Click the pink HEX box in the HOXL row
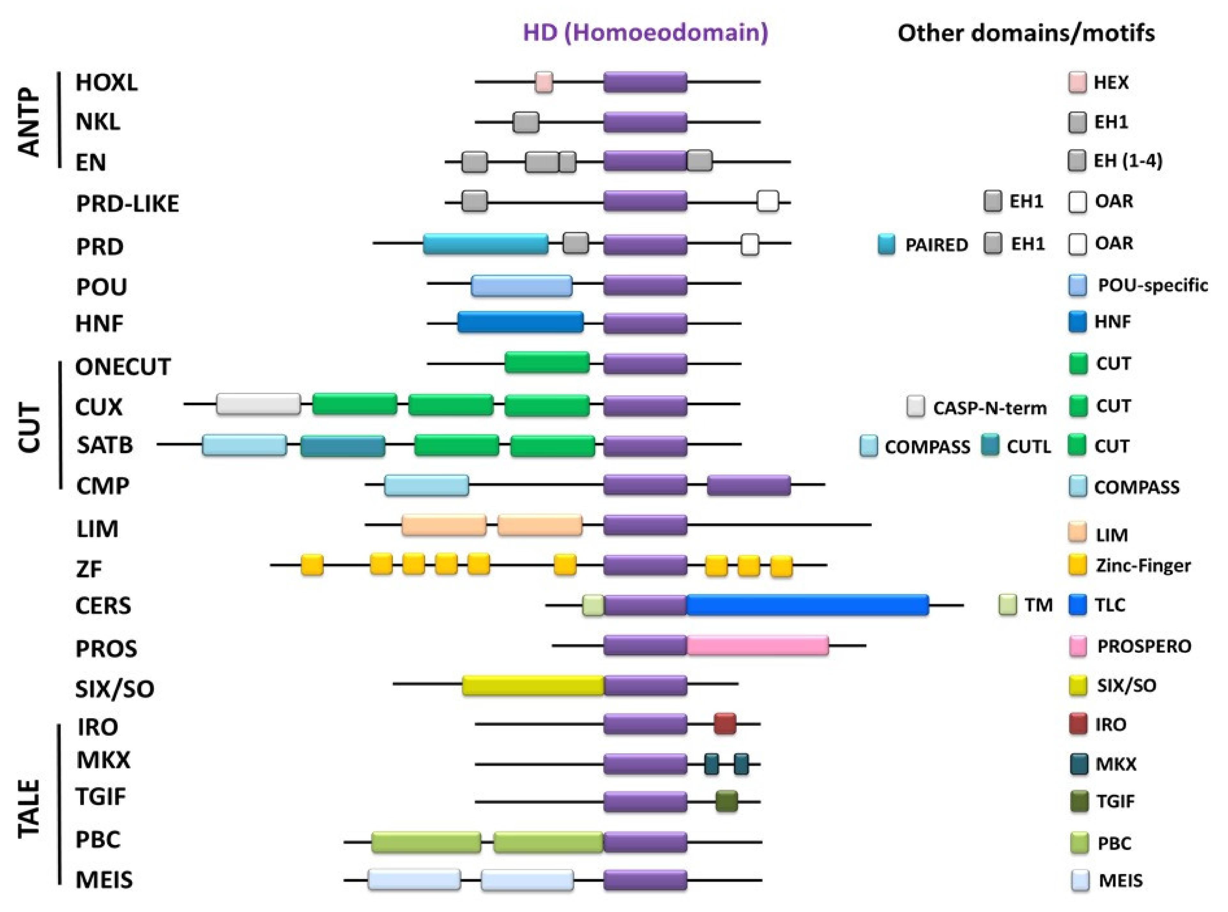pos(543,82)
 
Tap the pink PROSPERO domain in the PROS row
pos(757,645)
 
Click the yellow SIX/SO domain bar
pos(533,685)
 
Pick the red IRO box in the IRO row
pos(725,723)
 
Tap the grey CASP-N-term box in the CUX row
pos(258,404)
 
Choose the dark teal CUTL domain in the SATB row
pos(342,445)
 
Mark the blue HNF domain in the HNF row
pos(520,323)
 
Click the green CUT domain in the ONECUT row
pos(547,363)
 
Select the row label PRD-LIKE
pos(127,204)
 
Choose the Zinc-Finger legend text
pos(1143,565)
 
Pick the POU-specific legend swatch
pos(1077,285)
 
